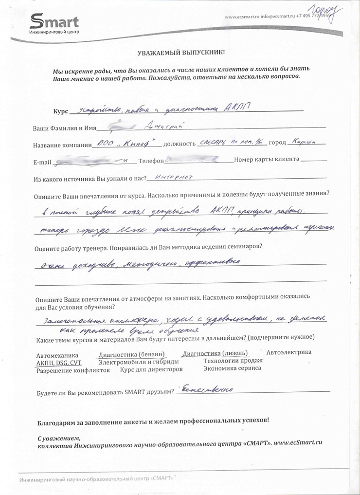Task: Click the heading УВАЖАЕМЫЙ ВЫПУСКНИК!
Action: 180,52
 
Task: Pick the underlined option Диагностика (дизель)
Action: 215,353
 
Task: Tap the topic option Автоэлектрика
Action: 288,352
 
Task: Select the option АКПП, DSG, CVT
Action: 59,363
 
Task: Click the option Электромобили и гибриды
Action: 138,362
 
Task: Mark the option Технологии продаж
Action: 233,361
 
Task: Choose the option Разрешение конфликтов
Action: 73,370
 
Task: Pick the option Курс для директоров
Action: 151,369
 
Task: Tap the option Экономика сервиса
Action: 232,368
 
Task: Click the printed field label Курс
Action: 60,111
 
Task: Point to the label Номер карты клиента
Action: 267,160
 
